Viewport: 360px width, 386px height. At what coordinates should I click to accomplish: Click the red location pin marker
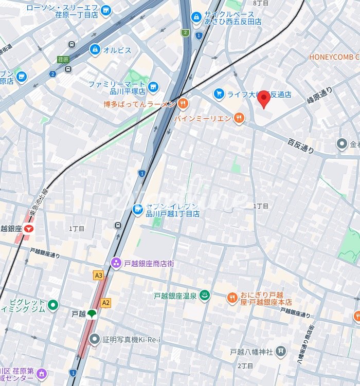pos(264,99)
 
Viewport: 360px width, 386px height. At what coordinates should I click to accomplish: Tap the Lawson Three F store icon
pos(106,10)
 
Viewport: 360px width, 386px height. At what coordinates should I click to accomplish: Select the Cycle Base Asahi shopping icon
pos(196,17)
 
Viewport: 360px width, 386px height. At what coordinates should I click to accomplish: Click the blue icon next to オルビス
pos(95,50)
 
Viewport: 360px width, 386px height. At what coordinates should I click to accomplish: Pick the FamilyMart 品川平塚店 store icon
pos(153,88)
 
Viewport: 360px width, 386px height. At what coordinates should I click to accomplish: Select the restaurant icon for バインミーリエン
pos(239,119)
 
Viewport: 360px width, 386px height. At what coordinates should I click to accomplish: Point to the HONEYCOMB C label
pos(334,57)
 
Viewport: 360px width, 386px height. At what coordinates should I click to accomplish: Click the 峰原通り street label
pos(319,96)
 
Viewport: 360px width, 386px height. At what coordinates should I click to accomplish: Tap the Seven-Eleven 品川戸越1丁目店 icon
pos(138,209)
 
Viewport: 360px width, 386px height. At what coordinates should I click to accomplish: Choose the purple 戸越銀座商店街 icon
pos(116,263)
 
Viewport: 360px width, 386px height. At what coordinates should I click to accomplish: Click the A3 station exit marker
pos(99,275)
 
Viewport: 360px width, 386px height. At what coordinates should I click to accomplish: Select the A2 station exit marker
pos(106,303)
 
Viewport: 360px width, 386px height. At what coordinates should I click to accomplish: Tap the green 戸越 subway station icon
pos(92,314)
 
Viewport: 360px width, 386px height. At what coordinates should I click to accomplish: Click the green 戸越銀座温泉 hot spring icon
pos(205,296)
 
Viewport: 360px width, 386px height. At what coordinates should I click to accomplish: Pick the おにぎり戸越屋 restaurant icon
pos(232,298)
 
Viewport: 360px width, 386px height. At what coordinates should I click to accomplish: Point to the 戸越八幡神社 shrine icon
pos(280,352)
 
